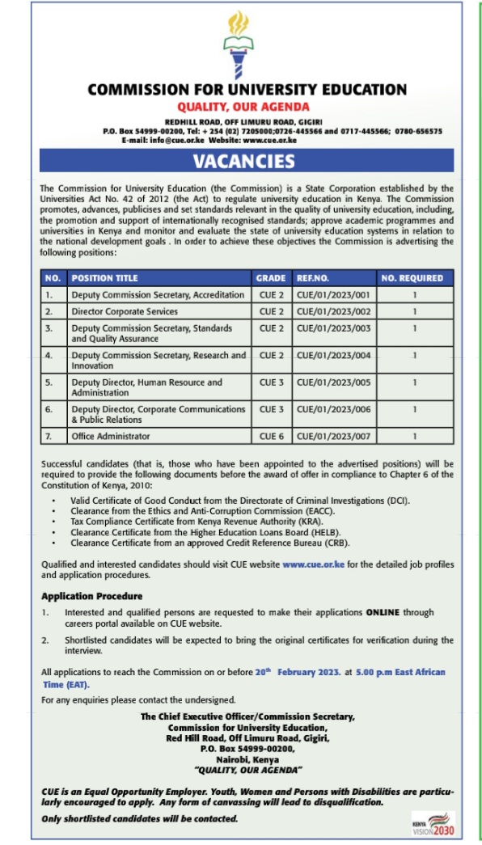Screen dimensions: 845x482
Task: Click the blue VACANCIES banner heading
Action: (x=243, y=160)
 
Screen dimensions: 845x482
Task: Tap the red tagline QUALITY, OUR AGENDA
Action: (x=243, y=107)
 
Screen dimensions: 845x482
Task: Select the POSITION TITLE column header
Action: (x=104, y=278)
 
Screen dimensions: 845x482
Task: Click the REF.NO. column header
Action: (x=313, y=278)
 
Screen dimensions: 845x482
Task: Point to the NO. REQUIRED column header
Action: (x=412, y=278)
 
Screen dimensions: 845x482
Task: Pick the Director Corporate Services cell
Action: (x=125, y=311)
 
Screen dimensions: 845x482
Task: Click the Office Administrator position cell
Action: (x=111, y=437)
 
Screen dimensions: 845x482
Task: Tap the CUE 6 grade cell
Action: (x=271, y=437)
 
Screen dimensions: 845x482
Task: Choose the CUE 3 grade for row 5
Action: (x=271, y=382)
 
